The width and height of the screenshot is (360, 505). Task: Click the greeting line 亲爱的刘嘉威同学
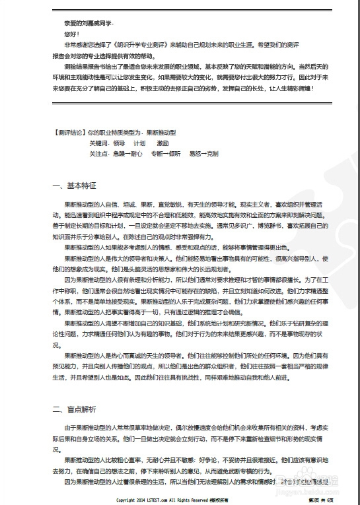point(85,22)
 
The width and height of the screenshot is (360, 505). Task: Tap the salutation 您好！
point(71,33)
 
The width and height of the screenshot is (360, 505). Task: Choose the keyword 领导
point(119,143)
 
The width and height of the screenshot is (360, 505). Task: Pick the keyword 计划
point(139,143)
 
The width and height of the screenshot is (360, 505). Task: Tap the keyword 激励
point(162,143)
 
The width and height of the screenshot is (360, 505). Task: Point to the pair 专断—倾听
point(166,153)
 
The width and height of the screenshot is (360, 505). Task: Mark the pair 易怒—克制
point(203,153)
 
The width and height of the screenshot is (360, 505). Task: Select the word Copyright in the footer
point(127,500)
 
